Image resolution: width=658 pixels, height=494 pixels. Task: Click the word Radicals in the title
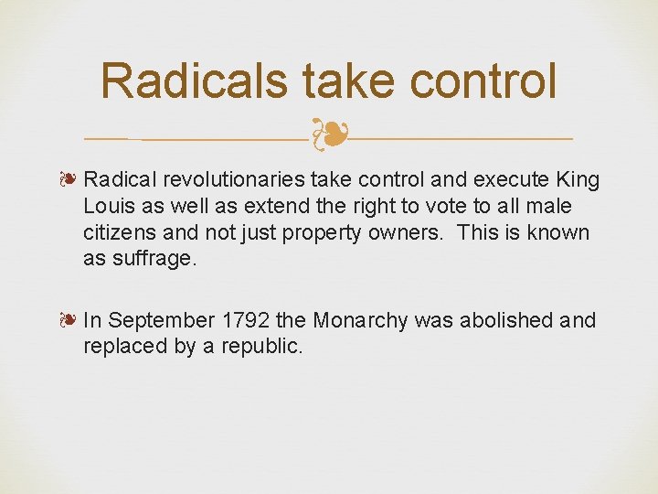click(195, 81)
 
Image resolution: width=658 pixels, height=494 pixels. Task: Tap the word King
click(576, 180)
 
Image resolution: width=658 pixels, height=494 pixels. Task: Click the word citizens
click(122, 232)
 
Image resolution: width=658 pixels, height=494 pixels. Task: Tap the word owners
click(406, 232)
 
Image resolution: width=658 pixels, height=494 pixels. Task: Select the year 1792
click(244, 321)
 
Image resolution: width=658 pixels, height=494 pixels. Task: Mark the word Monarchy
click(360, 321)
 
